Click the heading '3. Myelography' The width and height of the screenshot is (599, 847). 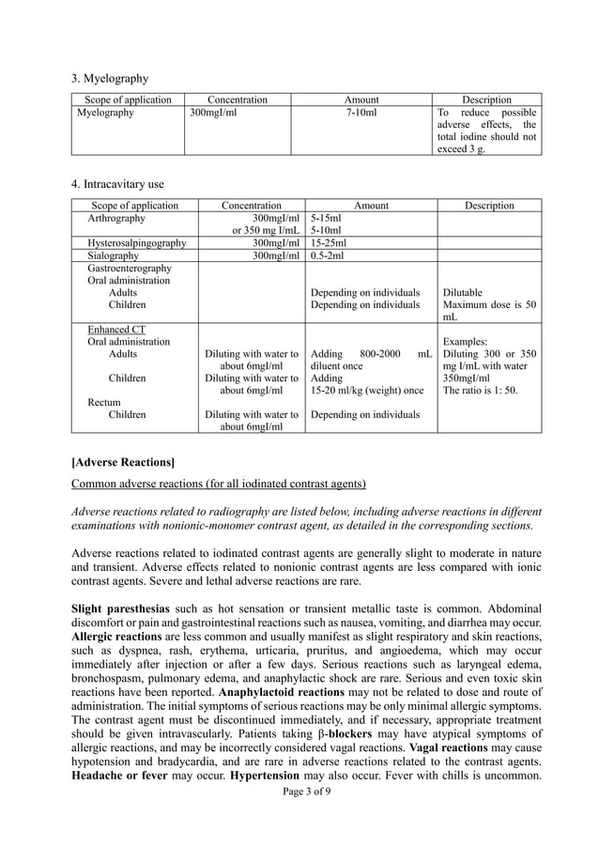coord(110,78)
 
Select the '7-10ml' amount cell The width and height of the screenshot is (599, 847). coord(361,113)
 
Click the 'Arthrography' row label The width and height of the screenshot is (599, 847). coord(116,218)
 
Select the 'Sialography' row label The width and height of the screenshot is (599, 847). coord(113,255)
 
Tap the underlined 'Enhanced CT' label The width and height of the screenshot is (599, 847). coord(117,330)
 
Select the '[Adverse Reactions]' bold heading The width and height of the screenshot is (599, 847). coord(123,461)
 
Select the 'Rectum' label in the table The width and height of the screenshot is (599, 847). coord(104,403)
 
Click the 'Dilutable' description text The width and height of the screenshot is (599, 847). coord(462,292)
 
